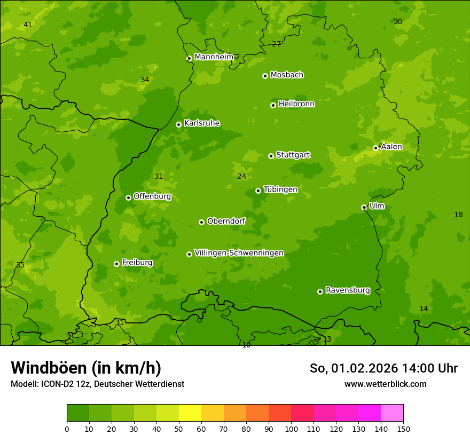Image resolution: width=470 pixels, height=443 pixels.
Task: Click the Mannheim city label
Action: [x=214, y=57]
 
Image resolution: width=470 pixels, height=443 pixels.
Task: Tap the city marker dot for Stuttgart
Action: [x=271, y=156]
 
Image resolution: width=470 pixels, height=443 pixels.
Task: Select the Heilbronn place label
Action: [x=296, y=104]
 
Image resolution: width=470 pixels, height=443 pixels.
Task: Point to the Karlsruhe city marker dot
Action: [x=178, y=124]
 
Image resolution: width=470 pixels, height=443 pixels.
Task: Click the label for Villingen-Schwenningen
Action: [x=239, y=252]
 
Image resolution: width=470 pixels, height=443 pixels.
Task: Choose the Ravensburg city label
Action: [x=348, y=290]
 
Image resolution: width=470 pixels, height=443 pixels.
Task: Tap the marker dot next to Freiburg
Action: [x=116, y=264]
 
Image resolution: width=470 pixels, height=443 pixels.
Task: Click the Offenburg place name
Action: [x=152, y=196]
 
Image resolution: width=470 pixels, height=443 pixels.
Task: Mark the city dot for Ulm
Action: [x=364, y=207]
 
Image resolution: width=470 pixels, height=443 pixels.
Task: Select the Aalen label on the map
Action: [x=391, y=146]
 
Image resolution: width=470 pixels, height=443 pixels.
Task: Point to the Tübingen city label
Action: [x=280, y=189]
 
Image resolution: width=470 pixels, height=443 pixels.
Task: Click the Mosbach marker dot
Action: [x=265, y=76]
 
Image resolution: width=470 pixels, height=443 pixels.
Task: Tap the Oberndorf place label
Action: [x=226, y=220]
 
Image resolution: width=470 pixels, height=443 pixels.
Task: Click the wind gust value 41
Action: [x=28, y=25]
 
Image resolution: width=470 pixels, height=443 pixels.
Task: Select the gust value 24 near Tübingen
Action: [x=242, y=176]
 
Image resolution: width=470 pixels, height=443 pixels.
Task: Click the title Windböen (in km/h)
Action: [x=86, y=368]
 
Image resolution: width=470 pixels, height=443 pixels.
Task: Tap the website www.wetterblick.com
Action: [x=385, y=384]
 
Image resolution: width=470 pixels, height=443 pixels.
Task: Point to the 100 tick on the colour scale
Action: [x=291, y=429]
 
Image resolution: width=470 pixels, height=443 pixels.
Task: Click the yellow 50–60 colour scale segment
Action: [x=190, y=413]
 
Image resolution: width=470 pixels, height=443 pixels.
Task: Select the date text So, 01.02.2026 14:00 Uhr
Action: [x=383, y=368]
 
